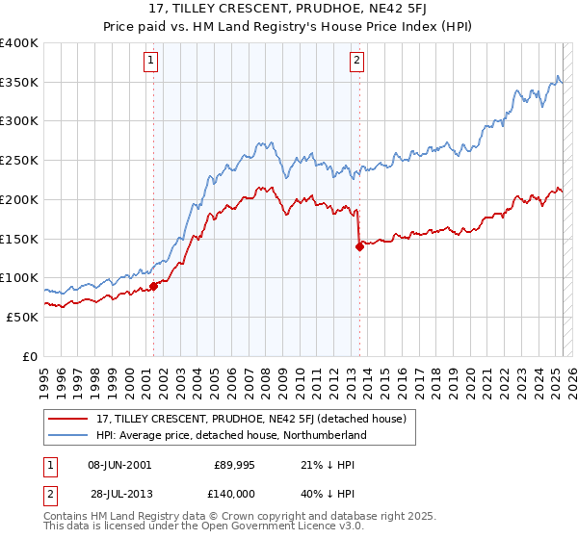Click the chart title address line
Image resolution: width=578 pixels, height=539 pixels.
tap(289, 11)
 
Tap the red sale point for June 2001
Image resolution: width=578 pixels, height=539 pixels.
tap(153, 286)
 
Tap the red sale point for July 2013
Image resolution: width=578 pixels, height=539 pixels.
tap(359, 246)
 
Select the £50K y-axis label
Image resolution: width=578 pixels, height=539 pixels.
tap(22, 317)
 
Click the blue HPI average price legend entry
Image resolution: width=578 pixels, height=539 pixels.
tap(232, 435)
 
